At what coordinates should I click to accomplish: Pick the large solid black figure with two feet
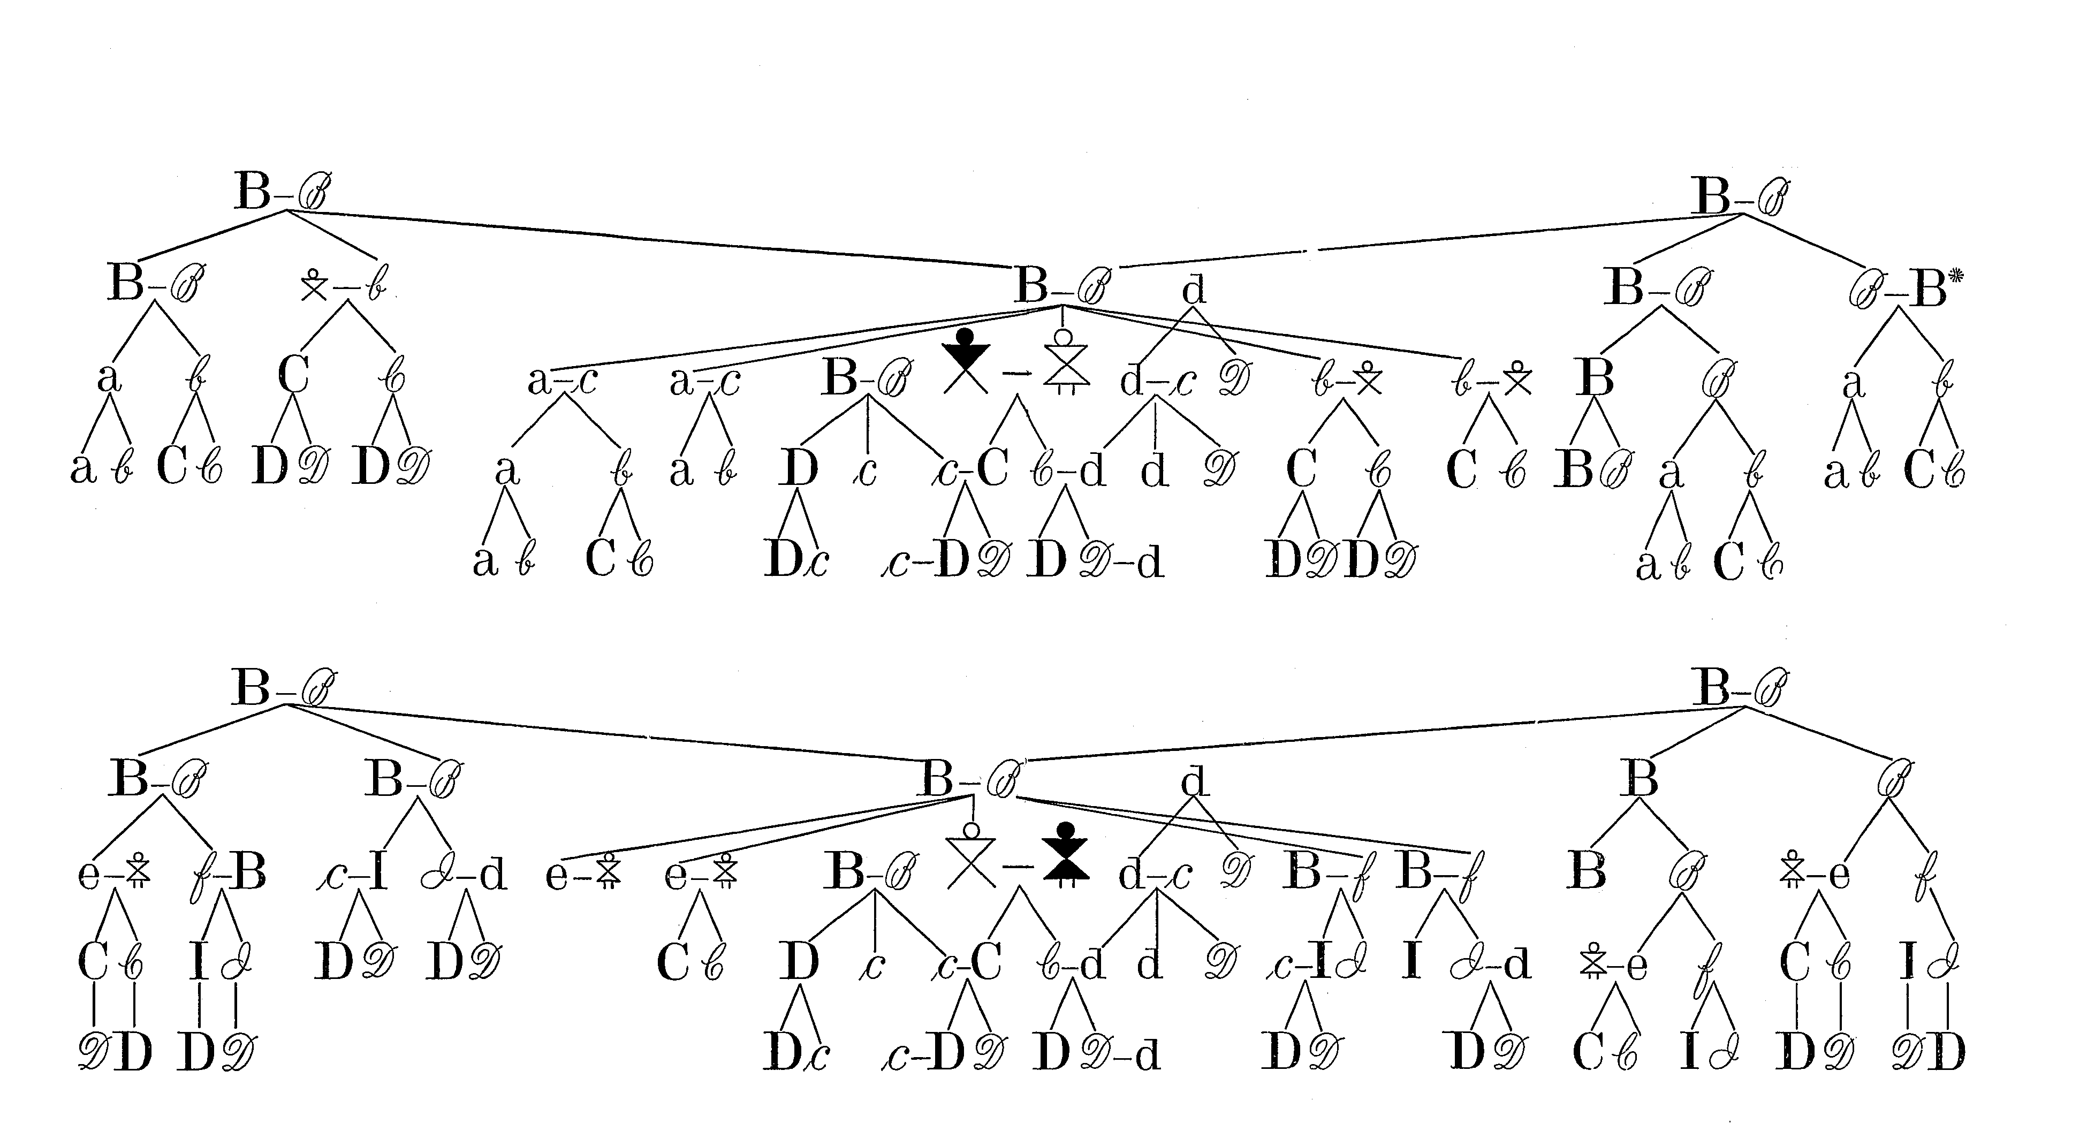coord(1065,855)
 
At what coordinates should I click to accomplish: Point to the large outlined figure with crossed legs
coord(970,856)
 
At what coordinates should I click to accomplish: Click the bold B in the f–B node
coord(248,874)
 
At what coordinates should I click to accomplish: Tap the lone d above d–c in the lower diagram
coord(1194,782)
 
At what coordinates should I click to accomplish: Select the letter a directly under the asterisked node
coord(1854,384)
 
